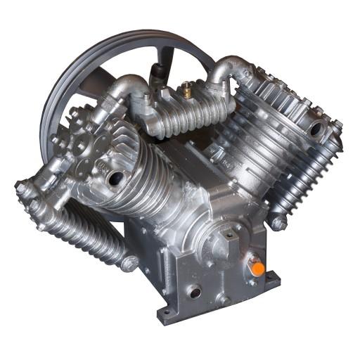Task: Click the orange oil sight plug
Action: coord(258,269)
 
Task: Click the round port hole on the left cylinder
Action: coord(113,179)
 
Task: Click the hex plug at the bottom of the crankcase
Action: coord(224,300)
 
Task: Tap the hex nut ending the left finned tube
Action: coord(129,264)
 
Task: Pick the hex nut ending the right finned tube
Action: coord(279,223)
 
